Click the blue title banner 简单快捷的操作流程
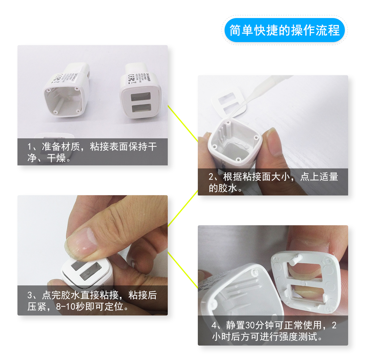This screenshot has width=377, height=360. (284, 30)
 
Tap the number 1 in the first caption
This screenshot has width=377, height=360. (30, 147)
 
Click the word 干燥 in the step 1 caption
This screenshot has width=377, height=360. (56, 158)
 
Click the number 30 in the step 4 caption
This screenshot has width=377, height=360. (250, 325)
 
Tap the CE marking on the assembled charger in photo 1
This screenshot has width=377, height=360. (131, 78)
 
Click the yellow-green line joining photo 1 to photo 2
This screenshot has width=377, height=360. (182, 123)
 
